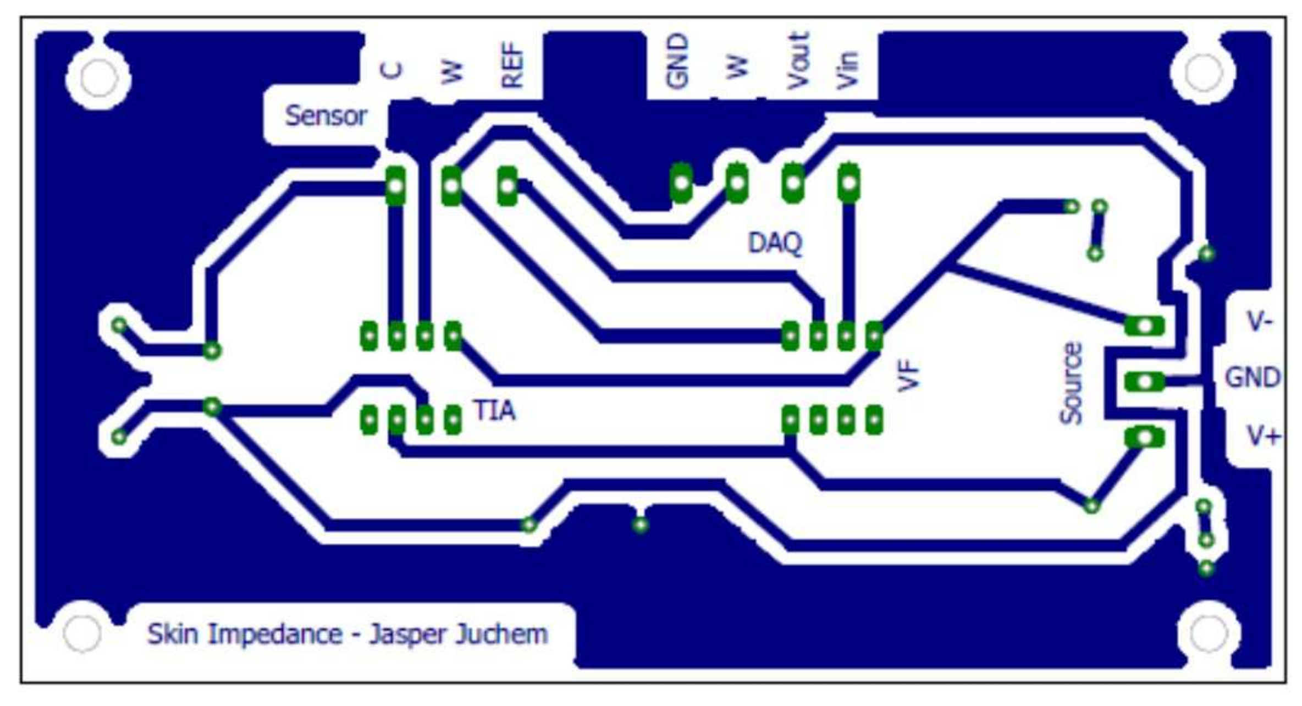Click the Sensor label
point(325,116)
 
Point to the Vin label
point(847,70)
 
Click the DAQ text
point(775,242)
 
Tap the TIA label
point(494,410)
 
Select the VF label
point(908,375)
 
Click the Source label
point(1071,383)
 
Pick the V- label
point(1259,321)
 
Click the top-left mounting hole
point(99,78)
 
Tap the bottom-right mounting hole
point(1209,633)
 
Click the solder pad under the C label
point(395,186)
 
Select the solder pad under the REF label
point(507,186)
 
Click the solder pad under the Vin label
point(848,183)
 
